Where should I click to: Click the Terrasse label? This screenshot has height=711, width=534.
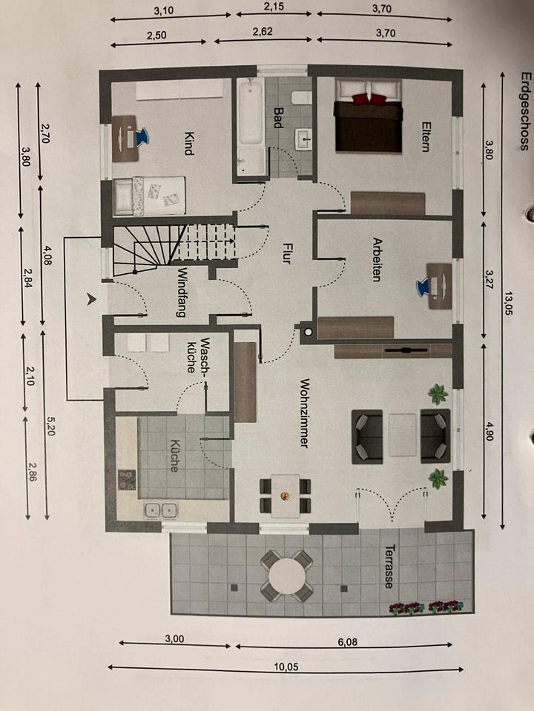click(x=389, y=567)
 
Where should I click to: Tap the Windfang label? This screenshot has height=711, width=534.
click(x=181, y=291)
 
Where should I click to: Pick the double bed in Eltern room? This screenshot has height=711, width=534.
click(x=368, y=118)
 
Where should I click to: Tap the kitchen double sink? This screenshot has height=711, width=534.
click(x=161, y=510)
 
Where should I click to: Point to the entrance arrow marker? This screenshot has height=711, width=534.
click(x=92, y=299)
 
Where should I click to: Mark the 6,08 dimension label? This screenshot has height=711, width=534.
click(x=346, y=641)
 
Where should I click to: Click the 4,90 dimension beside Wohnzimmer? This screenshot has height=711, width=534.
click(x=489, y=432)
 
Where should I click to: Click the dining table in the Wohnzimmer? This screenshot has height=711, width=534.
click(x=286, y=495)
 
